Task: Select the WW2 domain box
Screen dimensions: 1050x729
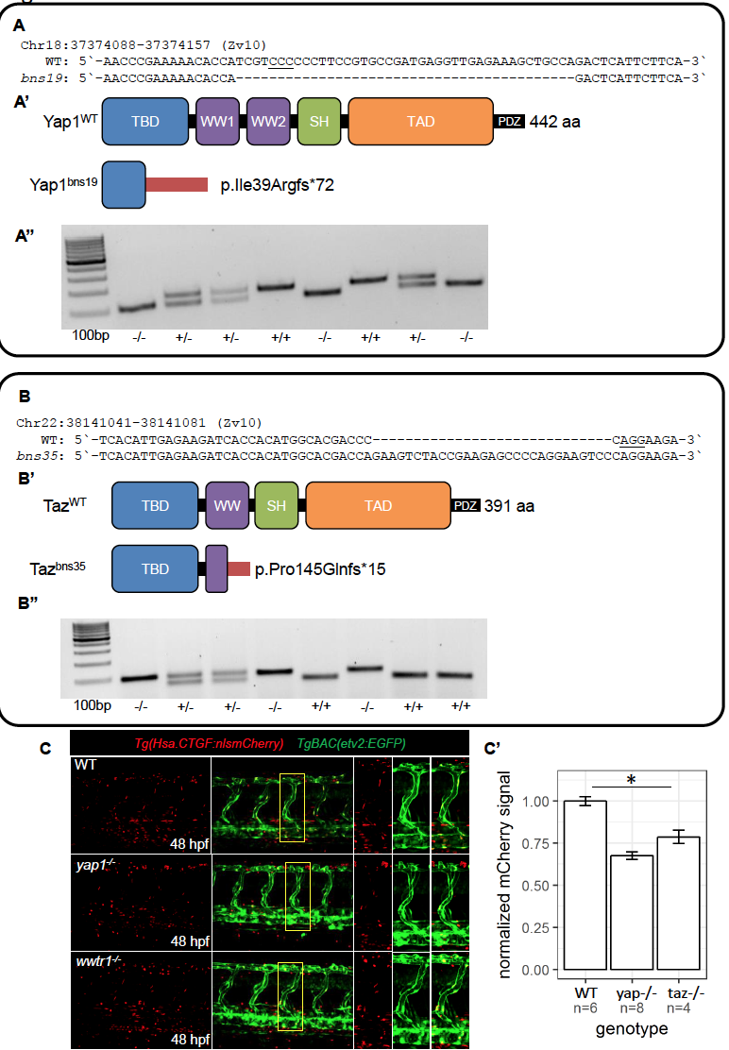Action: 268,122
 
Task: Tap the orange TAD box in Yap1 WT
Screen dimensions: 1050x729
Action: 420,122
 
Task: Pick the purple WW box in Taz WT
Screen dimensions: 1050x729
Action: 227,506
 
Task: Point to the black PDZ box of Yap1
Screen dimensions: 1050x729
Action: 508,122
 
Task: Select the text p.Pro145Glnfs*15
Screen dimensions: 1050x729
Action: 320,569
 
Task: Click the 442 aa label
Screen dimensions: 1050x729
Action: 555,122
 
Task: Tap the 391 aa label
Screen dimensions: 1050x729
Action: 510,506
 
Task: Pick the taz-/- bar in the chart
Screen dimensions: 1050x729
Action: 679,903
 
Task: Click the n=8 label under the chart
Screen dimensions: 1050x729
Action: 632,1009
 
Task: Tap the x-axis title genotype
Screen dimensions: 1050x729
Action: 632,1028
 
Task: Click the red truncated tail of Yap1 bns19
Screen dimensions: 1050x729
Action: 176,185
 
